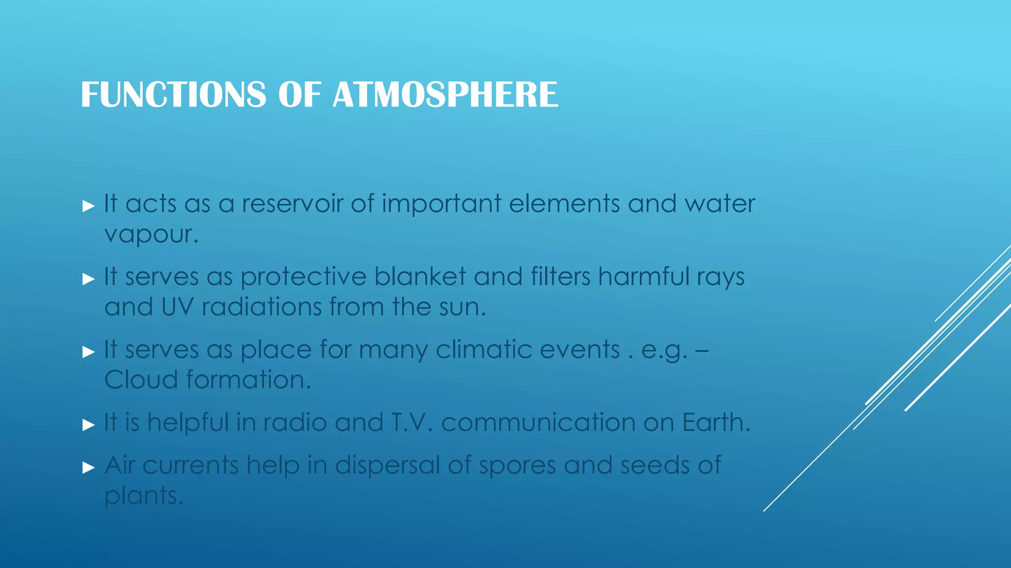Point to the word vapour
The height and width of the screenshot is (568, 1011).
[x=151, y=234]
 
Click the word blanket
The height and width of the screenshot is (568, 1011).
[x=420, y=276]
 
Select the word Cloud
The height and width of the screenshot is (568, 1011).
[x=141, y=380]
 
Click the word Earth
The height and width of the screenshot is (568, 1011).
[x=716, y=423]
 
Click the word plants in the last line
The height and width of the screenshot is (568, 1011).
[x=143, y=496]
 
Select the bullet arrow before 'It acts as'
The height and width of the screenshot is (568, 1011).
[x=88, y=206]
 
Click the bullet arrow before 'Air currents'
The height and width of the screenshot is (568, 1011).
[x=88, y=467]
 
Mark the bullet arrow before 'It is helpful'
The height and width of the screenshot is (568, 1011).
[x=88, y=425]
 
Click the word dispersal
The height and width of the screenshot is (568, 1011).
[x=387, y=465]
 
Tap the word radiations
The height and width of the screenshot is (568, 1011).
[x=261, y=307]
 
